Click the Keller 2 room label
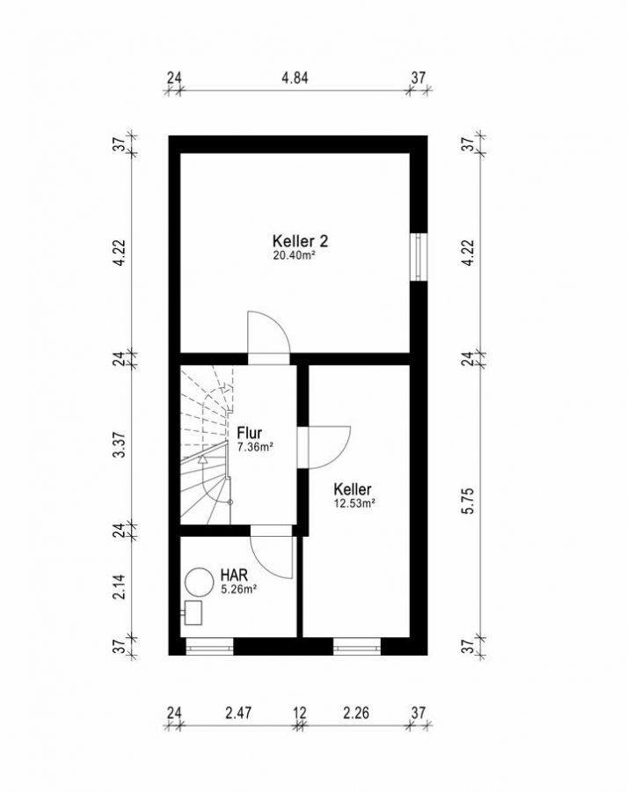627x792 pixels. click(x=300, y=241)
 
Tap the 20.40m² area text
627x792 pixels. click(x=295, y=255)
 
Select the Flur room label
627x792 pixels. click(x=250, y=433)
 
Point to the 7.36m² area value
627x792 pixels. click(x=255, y=446)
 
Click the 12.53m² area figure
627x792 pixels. click(x=354, y=503)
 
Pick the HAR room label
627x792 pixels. click(x=234, y=575)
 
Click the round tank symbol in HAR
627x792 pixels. click(x=200, y=582)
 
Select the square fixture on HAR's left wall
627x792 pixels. click(x=193, y=612)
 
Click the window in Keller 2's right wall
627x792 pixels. click(x=419, y=257)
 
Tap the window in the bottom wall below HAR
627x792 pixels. click(x=209, y=647)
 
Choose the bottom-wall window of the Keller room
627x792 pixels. click(x=356, y=647)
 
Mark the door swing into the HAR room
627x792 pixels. click(x=275, y=563)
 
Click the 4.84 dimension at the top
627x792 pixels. click(x=295, y=77)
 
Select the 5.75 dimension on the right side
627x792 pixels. click(x=469, y=501)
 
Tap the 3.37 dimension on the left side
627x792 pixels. click(x=119, y=445)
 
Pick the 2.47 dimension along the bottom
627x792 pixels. click(x=238, y=713)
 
